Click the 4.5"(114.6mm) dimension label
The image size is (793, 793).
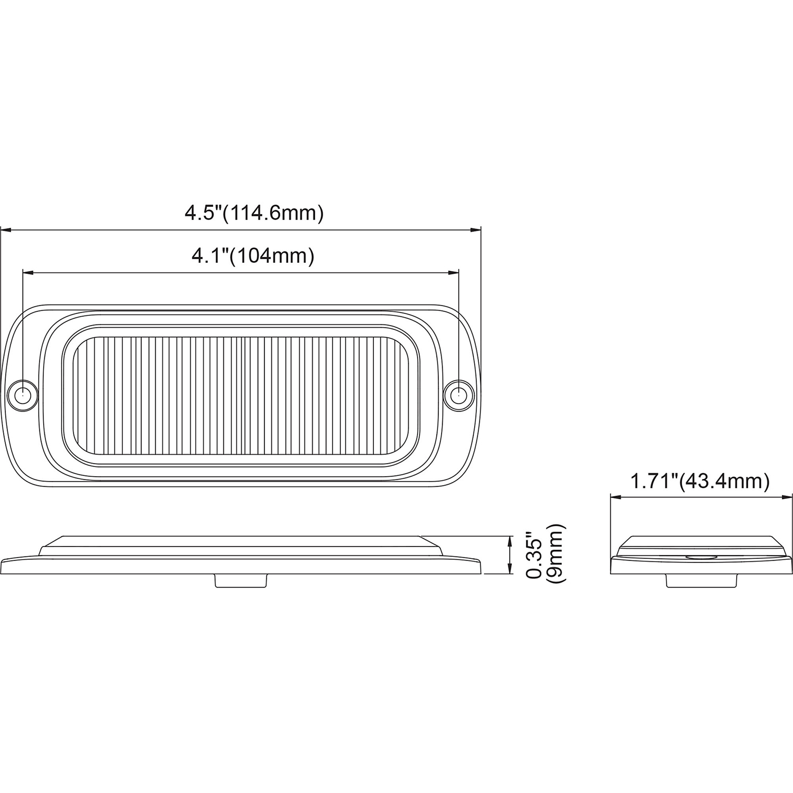click(x=254, y=213)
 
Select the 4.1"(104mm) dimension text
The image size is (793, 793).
click(x=253, y=256)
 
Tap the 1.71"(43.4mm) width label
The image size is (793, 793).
click(x=699, y=481)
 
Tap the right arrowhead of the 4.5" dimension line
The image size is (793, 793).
click(x=476, y=230)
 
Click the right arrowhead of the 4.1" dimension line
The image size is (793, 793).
click(x=454, y=272)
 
